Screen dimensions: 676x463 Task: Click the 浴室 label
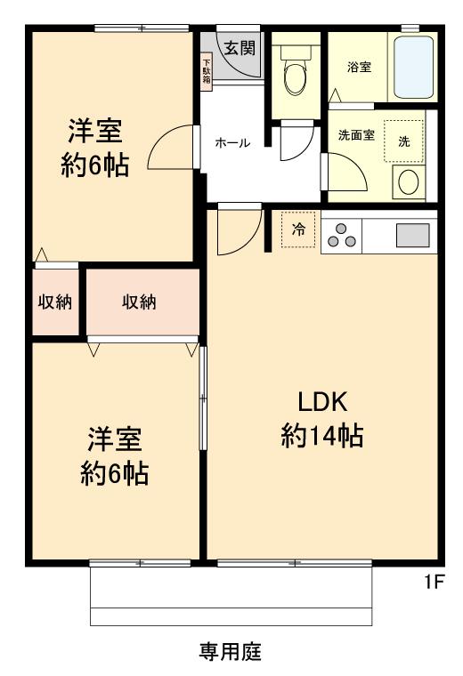tap(359, 68)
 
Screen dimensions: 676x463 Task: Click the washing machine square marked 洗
tap(403, 142)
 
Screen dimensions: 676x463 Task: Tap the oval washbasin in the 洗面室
tap(409, 182)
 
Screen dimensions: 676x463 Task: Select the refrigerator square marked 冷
tap(298, 229)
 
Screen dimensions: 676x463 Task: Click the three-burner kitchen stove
tap(343, 235)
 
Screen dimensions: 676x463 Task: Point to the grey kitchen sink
tap(411, 235)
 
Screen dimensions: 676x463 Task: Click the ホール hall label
tap(232, 143)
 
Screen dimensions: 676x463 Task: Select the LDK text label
tap(321, 402)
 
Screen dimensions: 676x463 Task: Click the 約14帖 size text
tap(321, 438)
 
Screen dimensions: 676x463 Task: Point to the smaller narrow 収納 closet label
tap(54, 302)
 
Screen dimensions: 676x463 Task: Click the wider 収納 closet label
tap(139, 302)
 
